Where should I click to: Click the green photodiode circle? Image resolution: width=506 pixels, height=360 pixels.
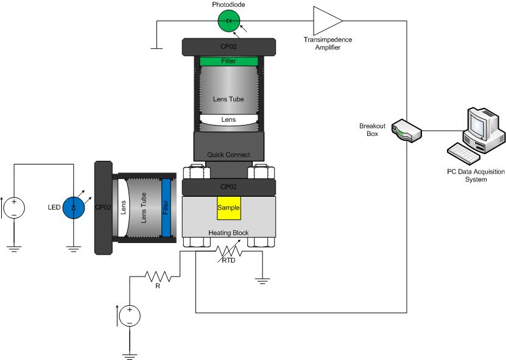click(229, 21)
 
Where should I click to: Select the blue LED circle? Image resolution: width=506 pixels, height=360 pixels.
click(74, 208)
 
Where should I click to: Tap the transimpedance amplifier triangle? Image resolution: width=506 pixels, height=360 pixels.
click(328, 21)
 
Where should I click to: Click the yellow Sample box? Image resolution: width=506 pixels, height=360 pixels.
click(229, 208)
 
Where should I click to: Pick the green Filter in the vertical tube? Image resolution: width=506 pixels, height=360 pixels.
click(229, 61)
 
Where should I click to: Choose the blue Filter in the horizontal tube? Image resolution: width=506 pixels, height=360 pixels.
click(166, 208)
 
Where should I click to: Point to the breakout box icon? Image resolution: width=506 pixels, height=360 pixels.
click(407, 131)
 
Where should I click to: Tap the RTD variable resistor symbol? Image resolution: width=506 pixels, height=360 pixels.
click(229, 251)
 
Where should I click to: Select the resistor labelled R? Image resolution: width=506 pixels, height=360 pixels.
click(158, 277)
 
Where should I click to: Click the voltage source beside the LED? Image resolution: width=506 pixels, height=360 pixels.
click(14, 208)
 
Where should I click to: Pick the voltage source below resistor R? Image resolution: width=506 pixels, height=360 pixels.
click(130, 316)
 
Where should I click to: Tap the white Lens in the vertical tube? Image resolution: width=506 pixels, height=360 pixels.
click(229, 121)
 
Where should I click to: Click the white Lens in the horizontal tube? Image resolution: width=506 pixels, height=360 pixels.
click(123, 208)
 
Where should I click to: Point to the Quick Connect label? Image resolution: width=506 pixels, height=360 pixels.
click(228, 155)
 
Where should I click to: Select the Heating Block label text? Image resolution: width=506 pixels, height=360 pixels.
click(228, 233)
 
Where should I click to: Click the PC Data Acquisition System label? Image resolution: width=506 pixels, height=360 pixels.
click(476, 175)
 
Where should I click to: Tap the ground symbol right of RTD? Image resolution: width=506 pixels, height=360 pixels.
click(262, 281)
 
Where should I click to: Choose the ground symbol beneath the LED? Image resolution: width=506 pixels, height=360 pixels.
click(74, 249)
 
